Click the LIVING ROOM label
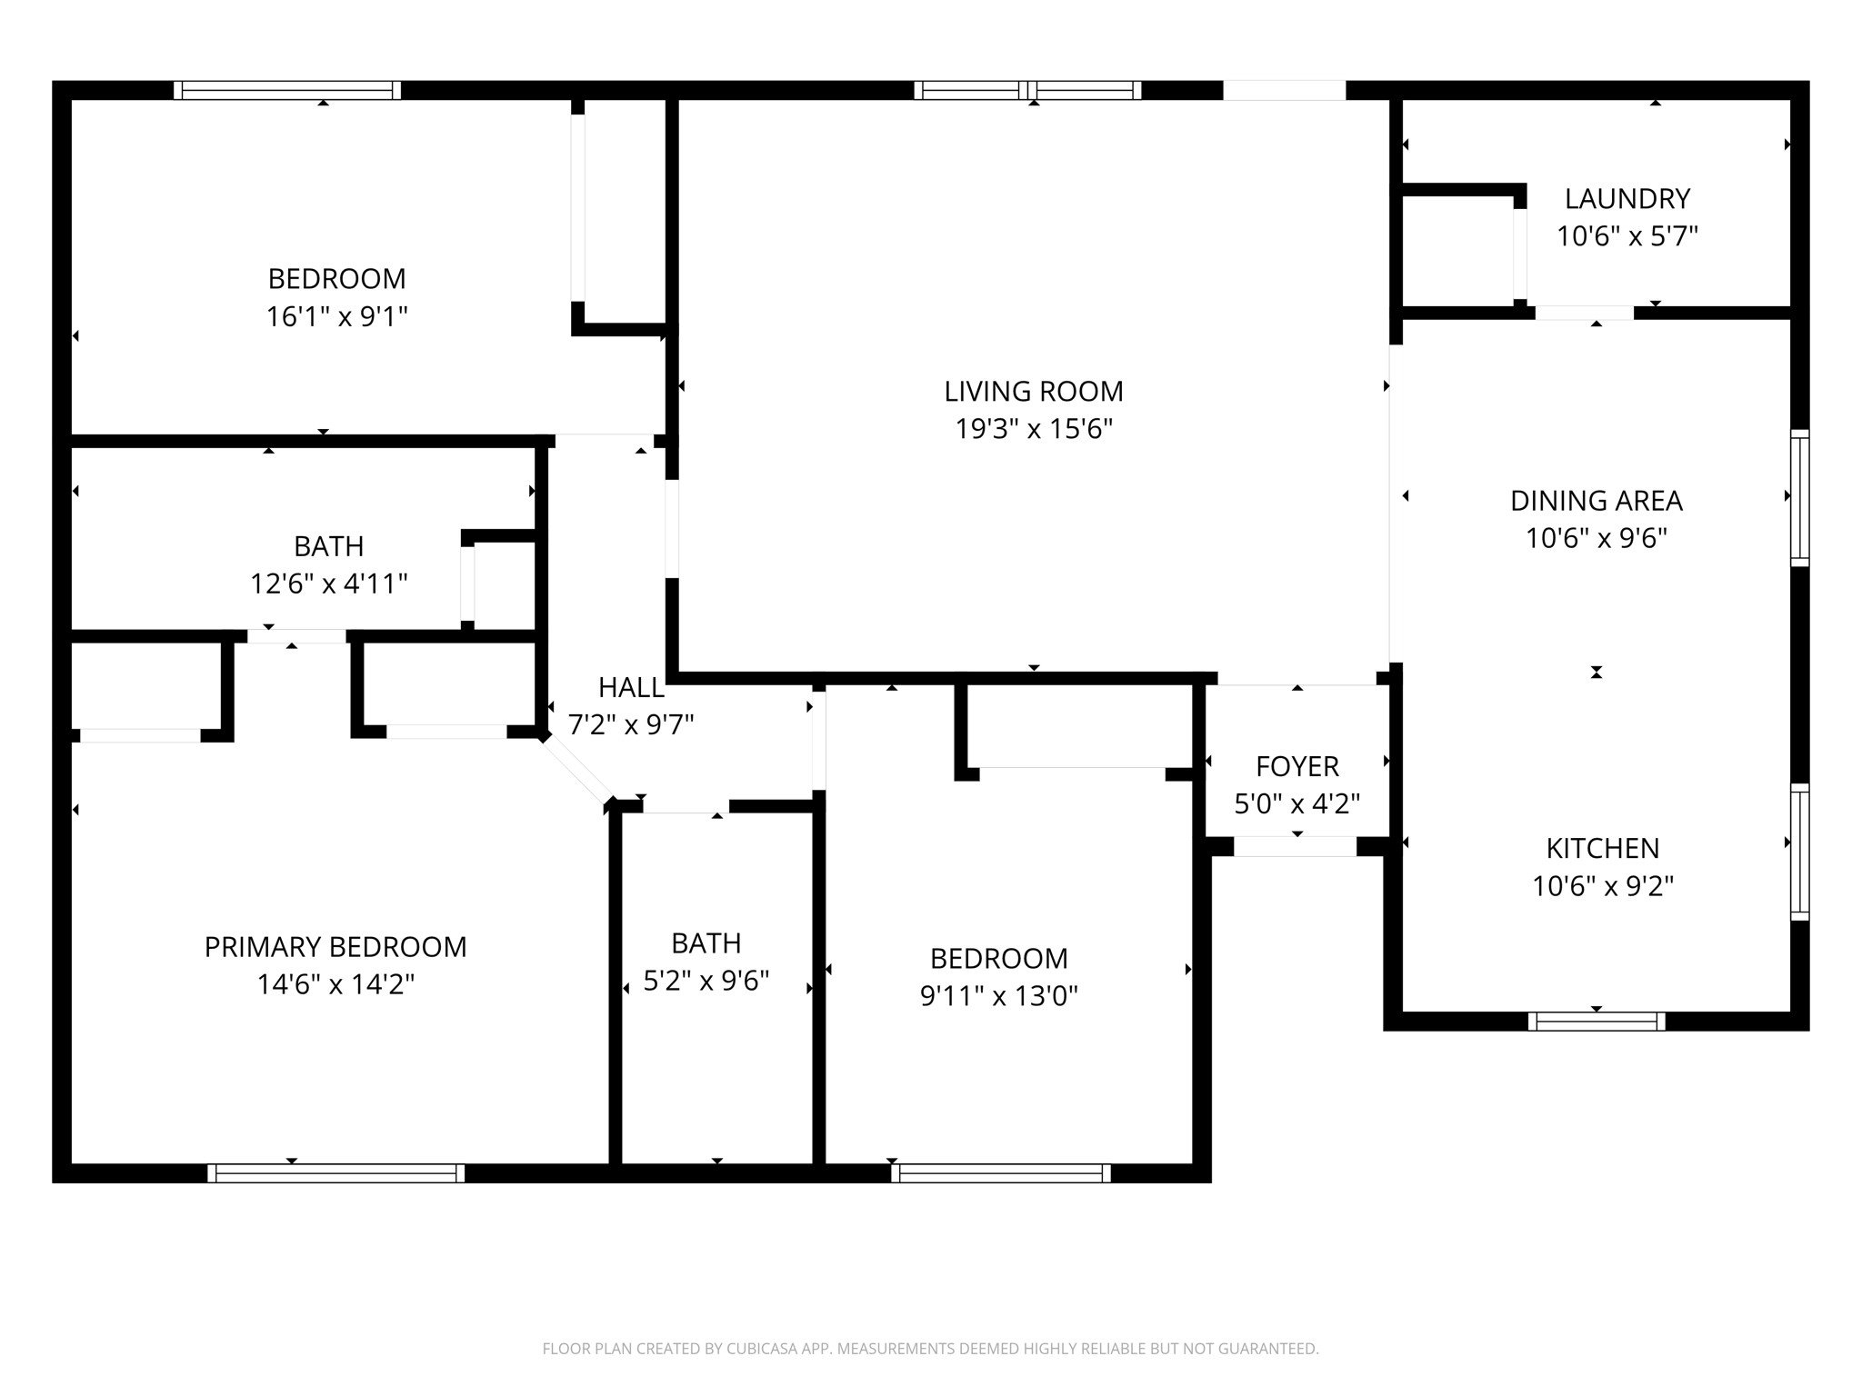coord(1034,392)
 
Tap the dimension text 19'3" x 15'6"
coord(1034,429)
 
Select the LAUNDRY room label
coord(1627,198)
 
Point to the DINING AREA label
coord(1596,501)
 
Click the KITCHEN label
coord(1602,848)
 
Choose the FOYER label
coord(1296,766)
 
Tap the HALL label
coord(631,687)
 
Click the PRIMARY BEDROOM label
coord(335,947)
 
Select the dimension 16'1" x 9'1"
coord(336,316)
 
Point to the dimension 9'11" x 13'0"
coord(998,996)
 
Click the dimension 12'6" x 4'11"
coord(328,583)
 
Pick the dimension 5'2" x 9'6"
coord(706,981)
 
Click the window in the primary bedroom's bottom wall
coord(335,1173)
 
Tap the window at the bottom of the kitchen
coord(1596,1021)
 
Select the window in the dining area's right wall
coord(1799,497)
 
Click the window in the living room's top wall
coord(1027,90)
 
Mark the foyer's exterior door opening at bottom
coord(1295,846)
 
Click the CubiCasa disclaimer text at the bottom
coord(930,1349)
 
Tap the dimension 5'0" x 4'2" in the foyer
coord(1296,803)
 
